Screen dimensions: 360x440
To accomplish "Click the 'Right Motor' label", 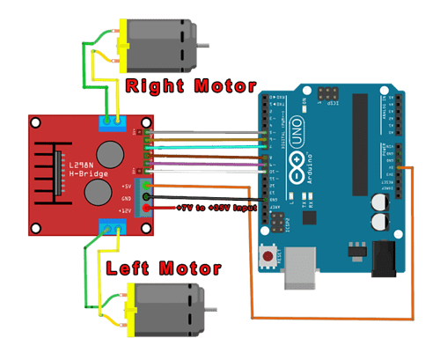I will pyautogui.click(x=189, y=86).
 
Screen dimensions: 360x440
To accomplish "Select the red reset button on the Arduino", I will pyautogui.click(x=267, y=258).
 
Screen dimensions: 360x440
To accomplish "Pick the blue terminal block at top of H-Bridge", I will pyautogui.click(x=112, y=121).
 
